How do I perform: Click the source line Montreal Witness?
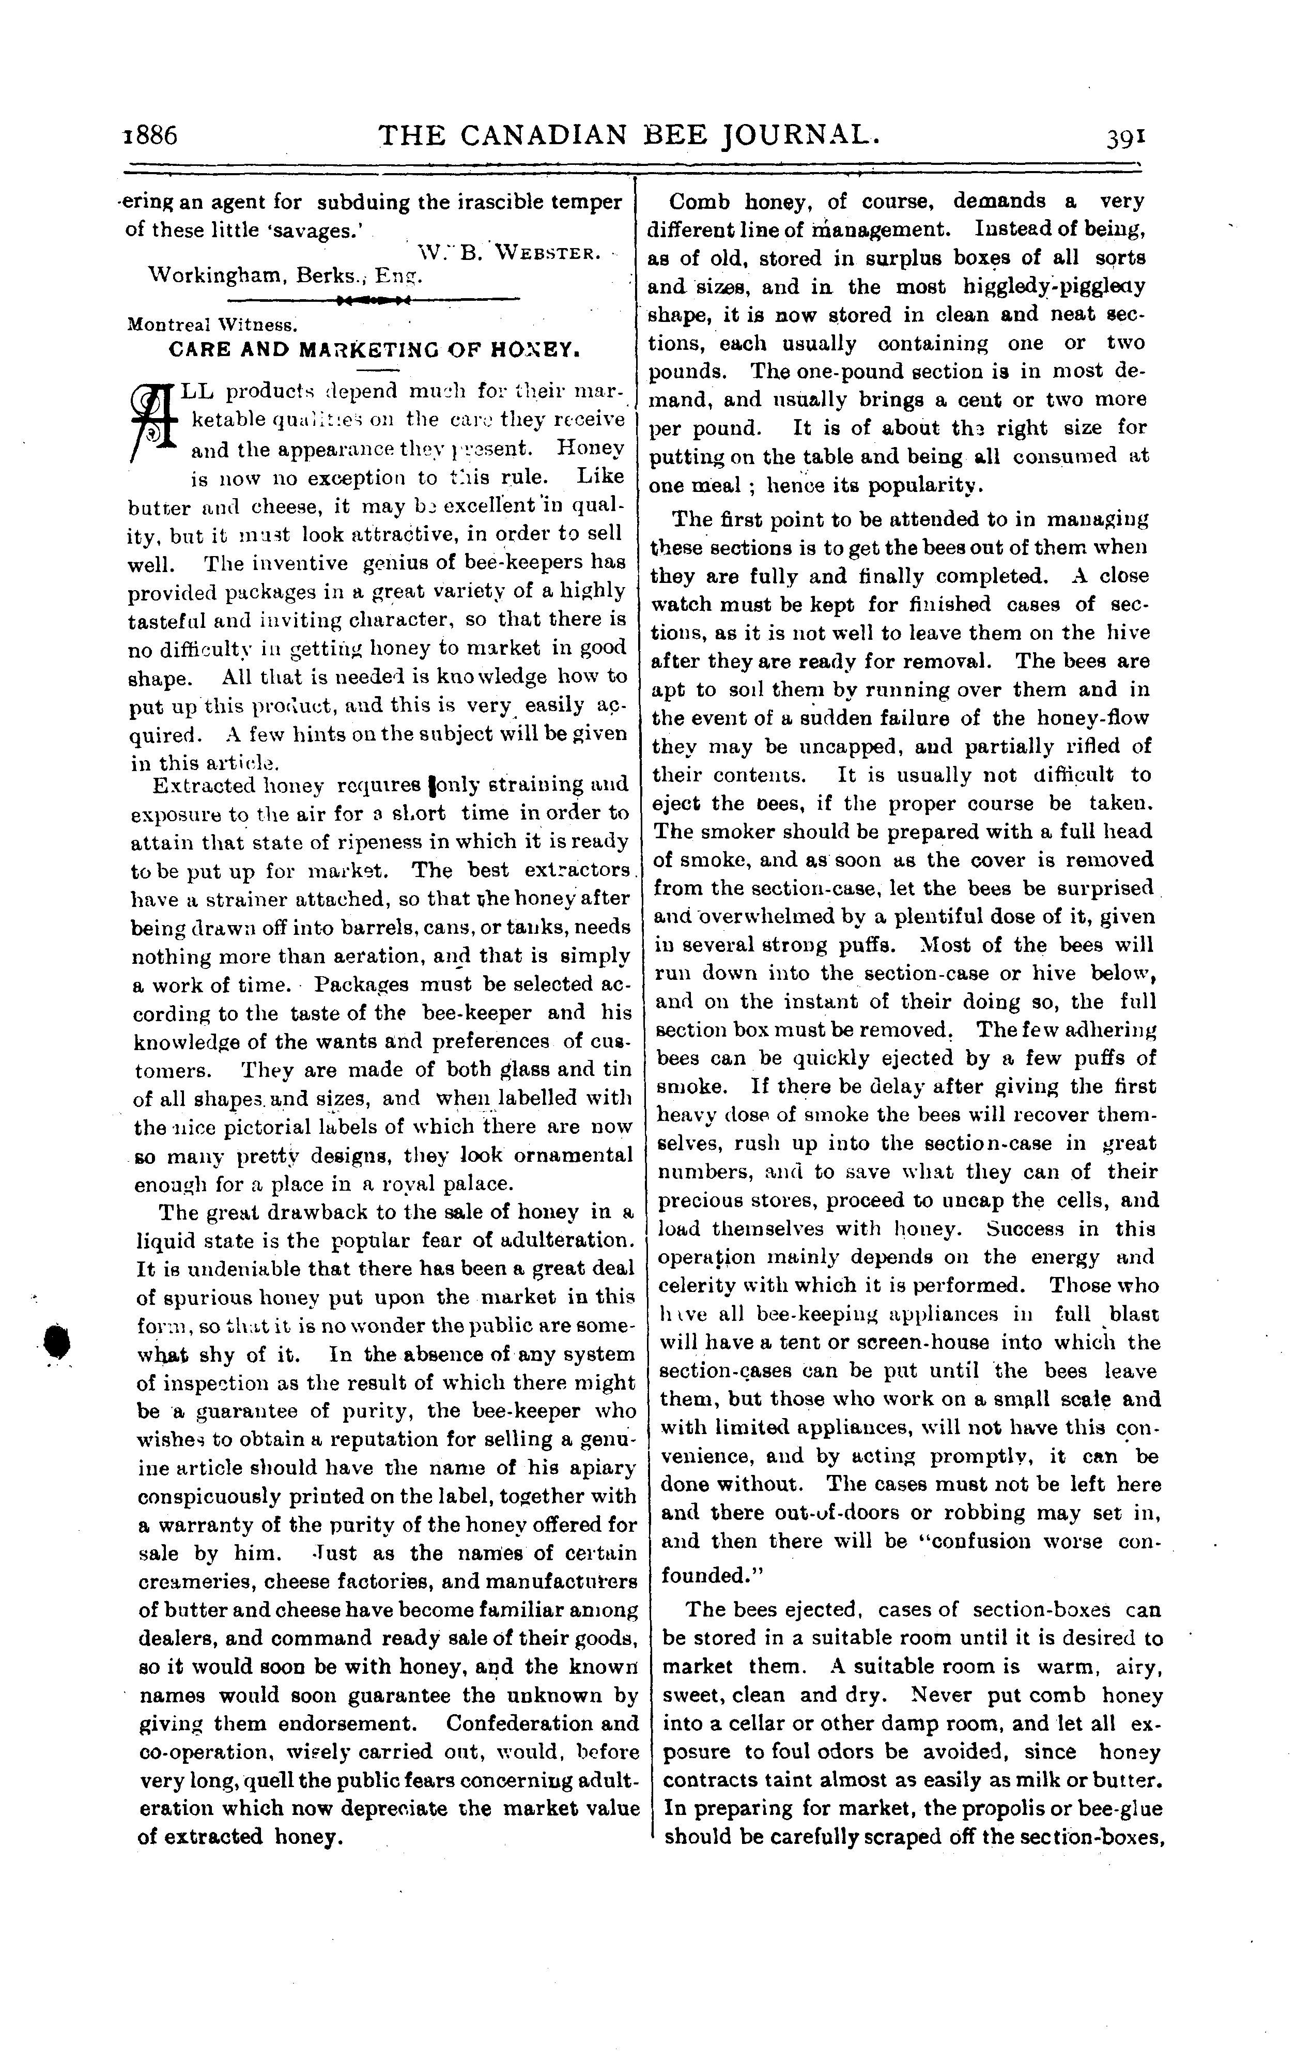click(x=211, y=326)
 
